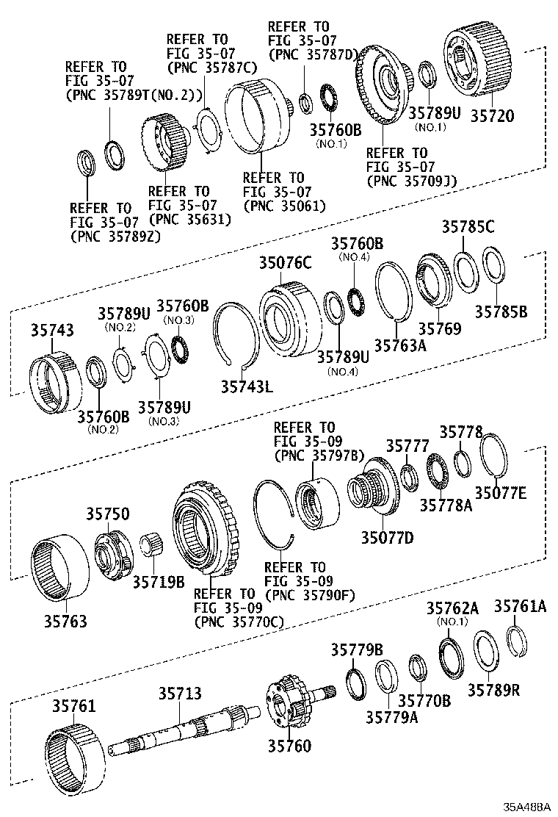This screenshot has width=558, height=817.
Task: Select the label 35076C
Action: point(284,262)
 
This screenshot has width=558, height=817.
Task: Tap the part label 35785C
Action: point(468,226)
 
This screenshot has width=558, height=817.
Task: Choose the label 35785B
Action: point(500,311)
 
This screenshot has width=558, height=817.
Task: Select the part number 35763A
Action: point(401,344)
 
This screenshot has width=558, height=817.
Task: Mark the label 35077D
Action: point(386,538)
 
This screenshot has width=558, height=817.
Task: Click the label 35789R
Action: point(493,690)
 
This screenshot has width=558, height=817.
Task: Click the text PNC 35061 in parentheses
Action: point(284,206)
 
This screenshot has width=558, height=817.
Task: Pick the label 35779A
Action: point(391,717)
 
